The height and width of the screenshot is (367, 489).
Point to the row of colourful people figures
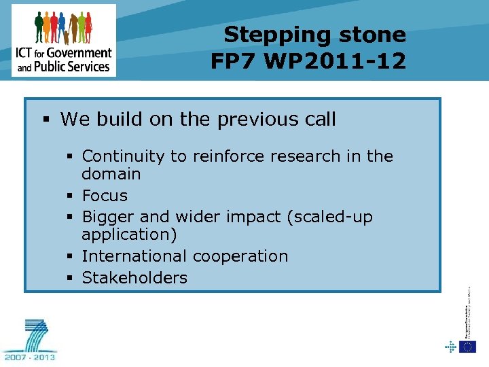point(62,28)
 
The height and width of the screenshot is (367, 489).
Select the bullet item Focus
point(105,196)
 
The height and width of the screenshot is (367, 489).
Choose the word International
point(134,256)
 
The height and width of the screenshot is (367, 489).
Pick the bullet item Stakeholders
point(134,277)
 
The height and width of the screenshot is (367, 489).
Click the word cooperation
point(240,256)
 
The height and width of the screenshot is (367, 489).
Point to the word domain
point(111,174)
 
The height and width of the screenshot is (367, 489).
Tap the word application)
point(128,234)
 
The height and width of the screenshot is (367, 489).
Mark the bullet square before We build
point(46,120)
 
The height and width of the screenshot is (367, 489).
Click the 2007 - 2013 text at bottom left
point(31,355)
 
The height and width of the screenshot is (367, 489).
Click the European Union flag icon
point(467,347)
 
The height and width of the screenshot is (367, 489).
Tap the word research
point(294,156)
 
